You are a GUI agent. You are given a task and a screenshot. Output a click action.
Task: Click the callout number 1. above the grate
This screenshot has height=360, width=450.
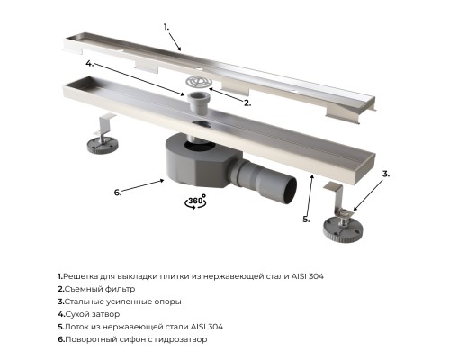(x=166, y=27)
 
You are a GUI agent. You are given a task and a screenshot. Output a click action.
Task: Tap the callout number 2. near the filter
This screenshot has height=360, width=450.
(x=247, y=103)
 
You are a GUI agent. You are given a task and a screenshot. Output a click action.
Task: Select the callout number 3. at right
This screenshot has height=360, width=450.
(x=386, y=174)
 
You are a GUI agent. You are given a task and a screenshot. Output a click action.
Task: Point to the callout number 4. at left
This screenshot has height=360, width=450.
(x=90, y=63)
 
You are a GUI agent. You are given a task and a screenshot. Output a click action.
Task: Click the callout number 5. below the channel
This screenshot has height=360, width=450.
(x=306, y=220)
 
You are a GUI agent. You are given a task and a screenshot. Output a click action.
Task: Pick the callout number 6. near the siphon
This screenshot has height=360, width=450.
(x=118, y=193)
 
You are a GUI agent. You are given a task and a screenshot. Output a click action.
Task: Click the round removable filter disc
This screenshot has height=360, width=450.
(x=199, y=82)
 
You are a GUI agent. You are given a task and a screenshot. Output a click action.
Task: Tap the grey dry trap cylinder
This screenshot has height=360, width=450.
(x=197, y=103)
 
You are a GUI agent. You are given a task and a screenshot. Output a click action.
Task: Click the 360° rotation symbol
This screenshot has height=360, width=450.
(x=195, y=202)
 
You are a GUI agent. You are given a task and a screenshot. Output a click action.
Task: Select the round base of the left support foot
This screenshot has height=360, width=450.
(x=103, y=146)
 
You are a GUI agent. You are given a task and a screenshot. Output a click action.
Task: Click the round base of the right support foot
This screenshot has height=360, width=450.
(x=343, y=229)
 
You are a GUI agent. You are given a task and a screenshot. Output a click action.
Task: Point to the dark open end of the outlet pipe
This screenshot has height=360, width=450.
(x=290, y=191)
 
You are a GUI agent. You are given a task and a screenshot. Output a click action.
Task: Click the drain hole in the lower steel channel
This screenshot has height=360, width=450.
(x=200, y=123)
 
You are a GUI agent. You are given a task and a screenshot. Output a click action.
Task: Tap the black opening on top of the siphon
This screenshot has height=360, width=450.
(x=200, y=146)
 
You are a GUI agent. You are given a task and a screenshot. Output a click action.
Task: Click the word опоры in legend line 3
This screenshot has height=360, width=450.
(x=170, y=302)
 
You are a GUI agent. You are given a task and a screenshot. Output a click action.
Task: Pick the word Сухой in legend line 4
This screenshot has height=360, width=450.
(x=75, y=314)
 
